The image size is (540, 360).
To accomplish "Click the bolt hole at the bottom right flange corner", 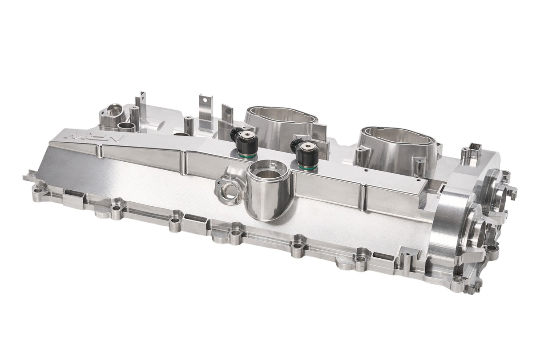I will (x=457, y=280).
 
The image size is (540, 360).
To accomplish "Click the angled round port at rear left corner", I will (x=114, y=110).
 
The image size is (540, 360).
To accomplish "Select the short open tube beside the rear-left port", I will (x=127, y=127).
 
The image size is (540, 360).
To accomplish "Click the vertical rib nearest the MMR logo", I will (x=100, y=152).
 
